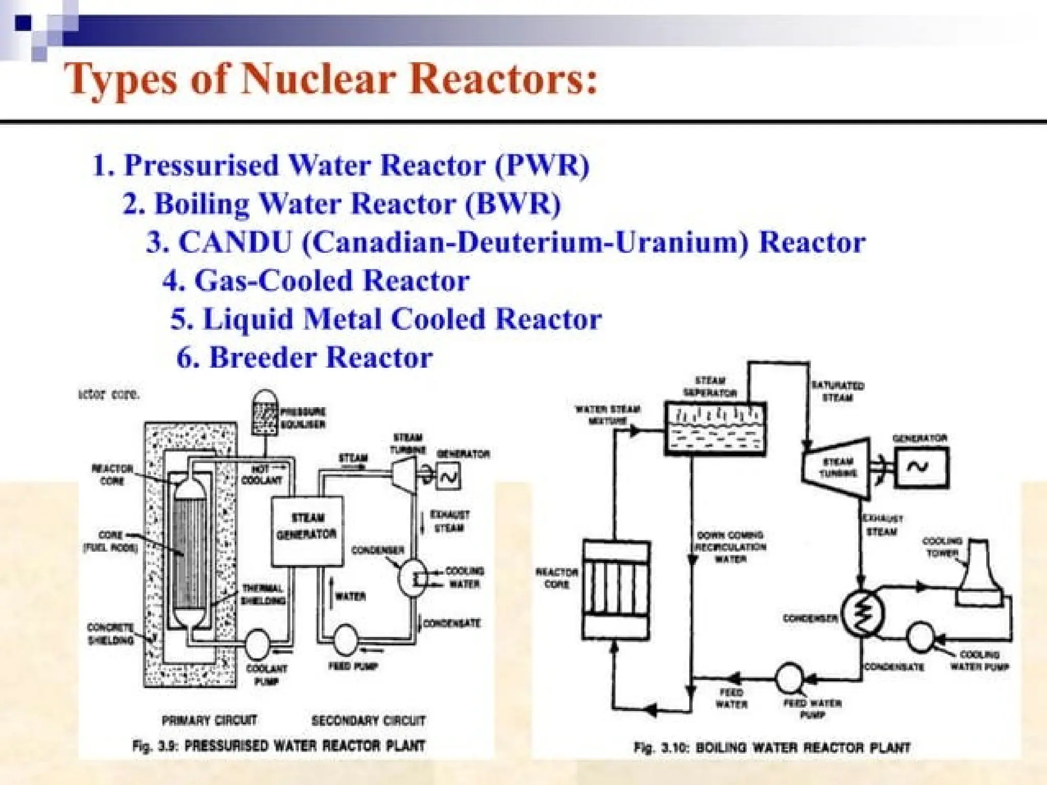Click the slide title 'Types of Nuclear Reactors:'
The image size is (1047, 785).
coord(330,79)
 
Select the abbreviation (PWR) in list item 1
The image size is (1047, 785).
coord(542,165)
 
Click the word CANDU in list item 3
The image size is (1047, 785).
coord(235,242)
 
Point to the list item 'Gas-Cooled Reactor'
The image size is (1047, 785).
coord(316,281)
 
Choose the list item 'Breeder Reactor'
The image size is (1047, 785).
coord(305,357)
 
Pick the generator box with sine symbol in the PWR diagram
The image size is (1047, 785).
coord(448,477)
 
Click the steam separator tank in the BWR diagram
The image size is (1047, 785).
coord(715,429)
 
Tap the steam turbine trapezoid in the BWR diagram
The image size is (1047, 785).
coord(836,467)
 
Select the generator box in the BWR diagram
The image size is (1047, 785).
coord(921,467)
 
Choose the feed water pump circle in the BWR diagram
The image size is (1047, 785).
coord(790,678)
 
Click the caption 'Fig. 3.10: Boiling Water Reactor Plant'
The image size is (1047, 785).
coord(772,747)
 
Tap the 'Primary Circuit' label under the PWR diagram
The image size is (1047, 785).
coord(209,720)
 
